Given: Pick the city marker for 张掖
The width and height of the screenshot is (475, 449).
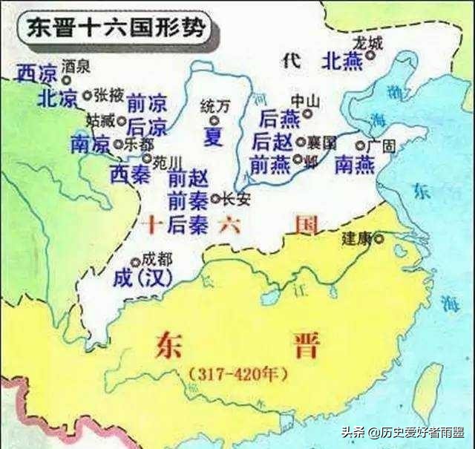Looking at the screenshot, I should pyautogui.click(x=88, y=95).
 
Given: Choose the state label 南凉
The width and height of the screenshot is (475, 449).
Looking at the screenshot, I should pyautogui.click(x=90, y=144).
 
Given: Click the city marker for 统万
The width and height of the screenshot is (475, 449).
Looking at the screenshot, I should pyautogui.click(x=214, y=120).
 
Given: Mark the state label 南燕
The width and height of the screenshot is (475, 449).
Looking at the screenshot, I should pyautogui.click(x=354, y=165).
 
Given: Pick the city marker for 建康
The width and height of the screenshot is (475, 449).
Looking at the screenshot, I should pyautogui.click(x=379, y=238).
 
